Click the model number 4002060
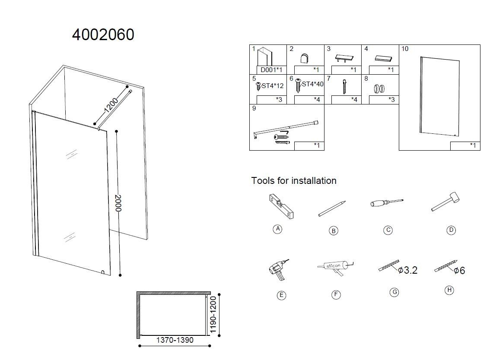103,35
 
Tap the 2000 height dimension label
118,203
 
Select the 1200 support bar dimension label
111,105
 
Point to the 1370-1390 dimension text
175,340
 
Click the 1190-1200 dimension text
213,315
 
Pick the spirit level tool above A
281,206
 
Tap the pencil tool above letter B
332,208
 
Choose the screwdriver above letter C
386,202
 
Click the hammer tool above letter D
445,201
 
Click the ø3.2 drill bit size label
407,270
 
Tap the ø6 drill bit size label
459,271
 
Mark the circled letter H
449,290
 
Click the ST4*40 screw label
312,84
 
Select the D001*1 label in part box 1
271,70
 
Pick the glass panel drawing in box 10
439,96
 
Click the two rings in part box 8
379,88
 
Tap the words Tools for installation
294,180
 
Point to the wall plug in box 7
345,86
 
